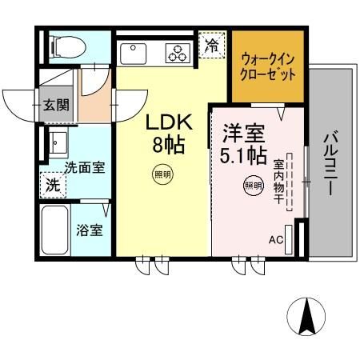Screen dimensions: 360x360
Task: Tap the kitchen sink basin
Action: coord(132,53)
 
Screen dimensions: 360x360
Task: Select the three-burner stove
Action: coord(178,53)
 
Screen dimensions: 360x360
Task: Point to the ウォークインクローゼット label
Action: coord(268,66)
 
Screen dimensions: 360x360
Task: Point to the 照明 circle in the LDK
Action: coord(162,174)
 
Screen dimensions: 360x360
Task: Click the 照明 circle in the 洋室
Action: coord(253,186)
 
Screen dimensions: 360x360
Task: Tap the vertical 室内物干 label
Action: coord(279,183)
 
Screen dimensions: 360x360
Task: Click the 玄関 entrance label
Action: coord(54,105)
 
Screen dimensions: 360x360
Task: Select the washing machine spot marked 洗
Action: coord(50,183)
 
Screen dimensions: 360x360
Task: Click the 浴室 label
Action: coord(89,230)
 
